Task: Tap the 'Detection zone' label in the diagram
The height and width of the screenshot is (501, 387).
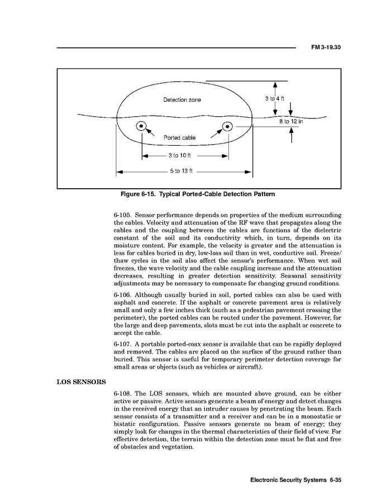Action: pos(182,100)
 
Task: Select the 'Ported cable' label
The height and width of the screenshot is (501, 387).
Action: pos(179,137)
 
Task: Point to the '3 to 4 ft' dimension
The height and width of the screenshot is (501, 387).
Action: pos(275,99)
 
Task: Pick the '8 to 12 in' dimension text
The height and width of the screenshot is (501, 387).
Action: pos(290,121)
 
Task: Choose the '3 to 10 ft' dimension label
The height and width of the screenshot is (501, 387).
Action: pos(179,156)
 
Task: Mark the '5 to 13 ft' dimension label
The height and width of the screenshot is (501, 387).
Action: pos(181,171)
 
